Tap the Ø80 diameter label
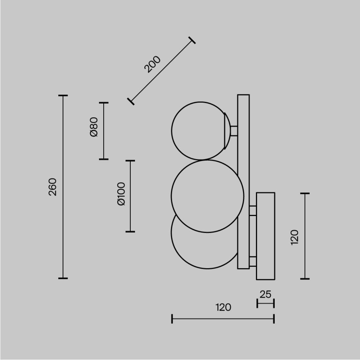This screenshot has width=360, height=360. coord(94,127)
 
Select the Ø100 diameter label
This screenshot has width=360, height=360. coord(121,194)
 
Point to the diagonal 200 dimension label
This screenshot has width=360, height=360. coord(152,64)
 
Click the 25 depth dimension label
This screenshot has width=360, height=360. coord(265,294)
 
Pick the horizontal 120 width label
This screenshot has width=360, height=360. coord(223,307)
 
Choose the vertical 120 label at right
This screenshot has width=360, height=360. coord(295,237)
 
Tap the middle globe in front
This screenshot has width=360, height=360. coord(207,196)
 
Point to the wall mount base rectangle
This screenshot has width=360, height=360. coord(265,236)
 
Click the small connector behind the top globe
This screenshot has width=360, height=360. coord(234,131)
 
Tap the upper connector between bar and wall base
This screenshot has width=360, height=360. coord(253,211)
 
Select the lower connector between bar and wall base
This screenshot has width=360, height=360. coord(253,261)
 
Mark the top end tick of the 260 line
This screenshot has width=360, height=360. coord(63,96)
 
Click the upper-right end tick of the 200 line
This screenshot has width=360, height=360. coord(192,40)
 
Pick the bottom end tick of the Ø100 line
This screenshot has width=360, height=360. coord(130,231)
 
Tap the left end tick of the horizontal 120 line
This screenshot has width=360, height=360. coord(172,319)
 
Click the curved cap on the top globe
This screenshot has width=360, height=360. coord(227,131)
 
